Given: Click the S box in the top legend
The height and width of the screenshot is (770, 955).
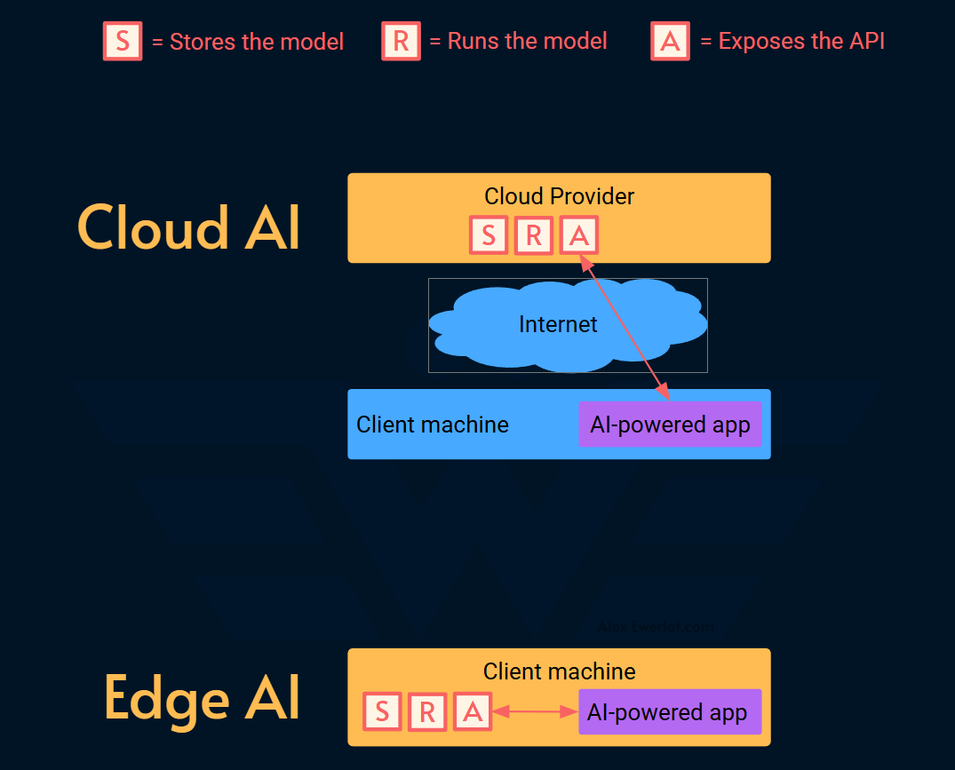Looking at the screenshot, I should (123, 41).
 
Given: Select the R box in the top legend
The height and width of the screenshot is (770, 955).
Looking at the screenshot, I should (401, 41).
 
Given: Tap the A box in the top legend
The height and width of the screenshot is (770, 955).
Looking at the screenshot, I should (670, 41).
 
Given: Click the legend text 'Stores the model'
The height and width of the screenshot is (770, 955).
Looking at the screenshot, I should (256, 42).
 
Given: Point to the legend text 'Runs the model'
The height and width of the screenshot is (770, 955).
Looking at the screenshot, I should (527, 41).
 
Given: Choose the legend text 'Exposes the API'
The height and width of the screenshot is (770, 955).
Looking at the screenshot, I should (801, 41).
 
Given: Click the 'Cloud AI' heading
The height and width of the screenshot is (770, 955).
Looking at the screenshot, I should (188, 227).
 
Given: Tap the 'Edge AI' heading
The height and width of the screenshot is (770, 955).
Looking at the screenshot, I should (201, 698).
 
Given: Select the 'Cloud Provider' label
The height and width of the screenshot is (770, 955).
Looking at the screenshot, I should (559, 195).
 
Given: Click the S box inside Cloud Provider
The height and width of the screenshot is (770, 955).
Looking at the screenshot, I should (489, 235).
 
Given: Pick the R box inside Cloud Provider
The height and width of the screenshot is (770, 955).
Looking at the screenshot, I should (533, 235).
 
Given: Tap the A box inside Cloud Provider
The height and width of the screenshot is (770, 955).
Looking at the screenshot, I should (578, 235).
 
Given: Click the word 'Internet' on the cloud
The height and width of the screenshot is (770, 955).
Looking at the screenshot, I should (558, 324).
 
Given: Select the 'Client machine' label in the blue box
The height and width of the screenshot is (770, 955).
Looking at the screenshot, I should (433, 425).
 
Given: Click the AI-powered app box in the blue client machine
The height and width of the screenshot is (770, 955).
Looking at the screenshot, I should (670, 425).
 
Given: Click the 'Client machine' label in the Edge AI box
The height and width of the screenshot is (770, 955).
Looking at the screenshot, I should (559, 671).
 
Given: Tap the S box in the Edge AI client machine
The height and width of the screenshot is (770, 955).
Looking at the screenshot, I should (382, 711).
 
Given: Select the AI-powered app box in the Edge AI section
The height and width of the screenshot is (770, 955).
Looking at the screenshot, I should (670, 711).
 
